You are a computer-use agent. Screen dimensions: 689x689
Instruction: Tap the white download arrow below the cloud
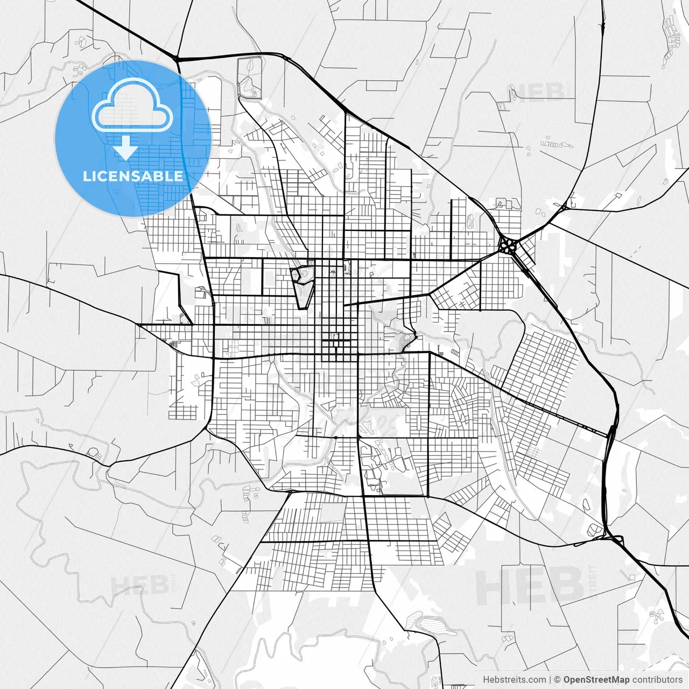(x=125, y=147)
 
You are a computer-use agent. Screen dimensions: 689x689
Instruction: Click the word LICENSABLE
(x=133, y=176)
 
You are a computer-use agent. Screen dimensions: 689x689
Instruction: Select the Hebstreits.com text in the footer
(x=514, y=680)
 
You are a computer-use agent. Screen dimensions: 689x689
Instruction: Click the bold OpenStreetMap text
(x=596, y=680)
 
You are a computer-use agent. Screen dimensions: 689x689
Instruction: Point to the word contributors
(x=657, y=680)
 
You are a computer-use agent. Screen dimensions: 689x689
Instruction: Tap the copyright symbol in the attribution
(x=558, y=680)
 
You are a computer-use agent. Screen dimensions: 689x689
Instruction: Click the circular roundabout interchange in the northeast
(x=507, y=247)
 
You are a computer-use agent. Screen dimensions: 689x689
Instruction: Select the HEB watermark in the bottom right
(x=530, y=587)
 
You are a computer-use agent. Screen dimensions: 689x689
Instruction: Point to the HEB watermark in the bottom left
(x=141, y=586)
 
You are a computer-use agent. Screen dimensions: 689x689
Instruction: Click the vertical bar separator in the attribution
(x=550, y=680)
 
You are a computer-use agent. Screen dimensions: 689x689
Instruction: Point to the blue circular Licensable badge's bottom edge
(x=133, y=215)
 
